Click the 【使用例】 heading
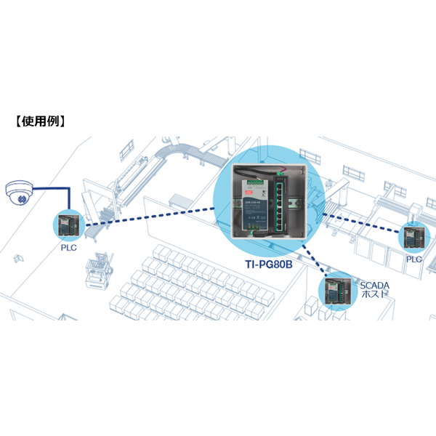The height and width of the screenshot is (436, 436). point(40,121)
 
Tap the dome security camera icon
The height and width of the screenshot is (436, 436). point(20,193)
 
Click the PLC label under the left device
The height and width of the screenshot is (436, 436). point(69,248)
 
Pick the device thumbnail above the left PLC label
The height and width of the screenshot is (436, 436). point(69,225)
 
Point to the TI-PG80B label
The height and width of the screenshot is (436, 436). point(269,265)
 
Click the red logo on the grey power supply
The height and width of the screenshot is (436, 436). point(249,192)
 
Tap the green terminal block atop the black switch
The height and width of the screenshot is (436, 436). point(279,174)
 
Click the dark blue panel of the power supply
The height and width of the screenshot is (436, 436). point(255,211)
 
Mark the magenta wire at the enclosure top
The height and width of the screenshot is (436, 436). point(283,169)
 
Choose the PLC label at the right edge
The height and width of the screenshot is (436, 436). point(414,259)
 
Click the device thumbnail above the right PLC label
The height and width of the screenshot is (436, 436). point(414,237)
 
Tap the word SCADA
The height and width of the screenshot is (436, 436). point(374,286)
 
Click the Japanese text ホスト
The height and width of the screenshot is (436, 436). point(374,294)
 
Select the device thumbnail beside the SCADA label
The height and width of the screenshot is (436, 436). point(339,291)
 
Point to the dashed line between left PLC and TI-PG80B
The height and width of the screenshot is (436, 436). point(150,217)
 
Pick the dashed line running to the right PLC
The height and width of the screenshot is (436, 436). point(361,222)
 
